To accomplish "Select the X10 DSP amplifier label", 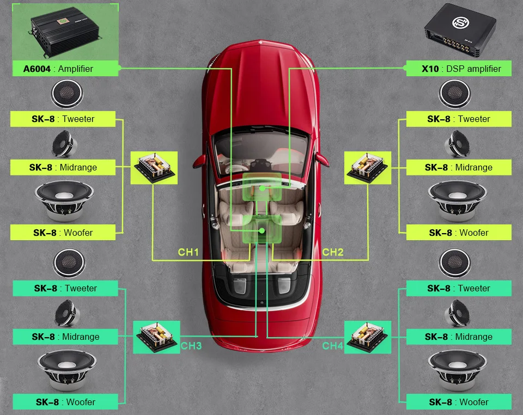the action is pos(459,69).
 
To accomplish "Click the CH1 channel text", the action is pos(188,252).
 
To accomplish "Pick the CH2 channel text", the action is pos(333,252).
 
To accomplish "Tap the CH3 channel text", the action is pos(191,346).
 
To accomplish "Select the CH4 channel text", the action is pos(332,346).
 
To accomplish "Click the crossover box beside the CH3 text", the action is pos(156,337).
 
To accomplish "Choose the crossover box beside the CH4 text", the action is pos(368,337).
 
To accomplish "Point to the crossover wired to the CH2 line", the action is pos(368,167).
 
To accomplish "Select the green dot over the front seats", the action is pos(262,188).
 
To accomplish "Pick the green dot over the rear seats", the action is pos(262,231).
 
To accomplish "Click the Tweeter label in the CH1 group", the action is pos(63,119).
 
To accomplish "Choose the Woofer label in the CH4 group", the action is pos(459,402).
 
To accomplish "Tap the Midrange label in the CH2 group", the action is pos(459,167).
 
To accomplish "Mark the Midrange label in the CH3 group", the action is pos(65,337).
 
